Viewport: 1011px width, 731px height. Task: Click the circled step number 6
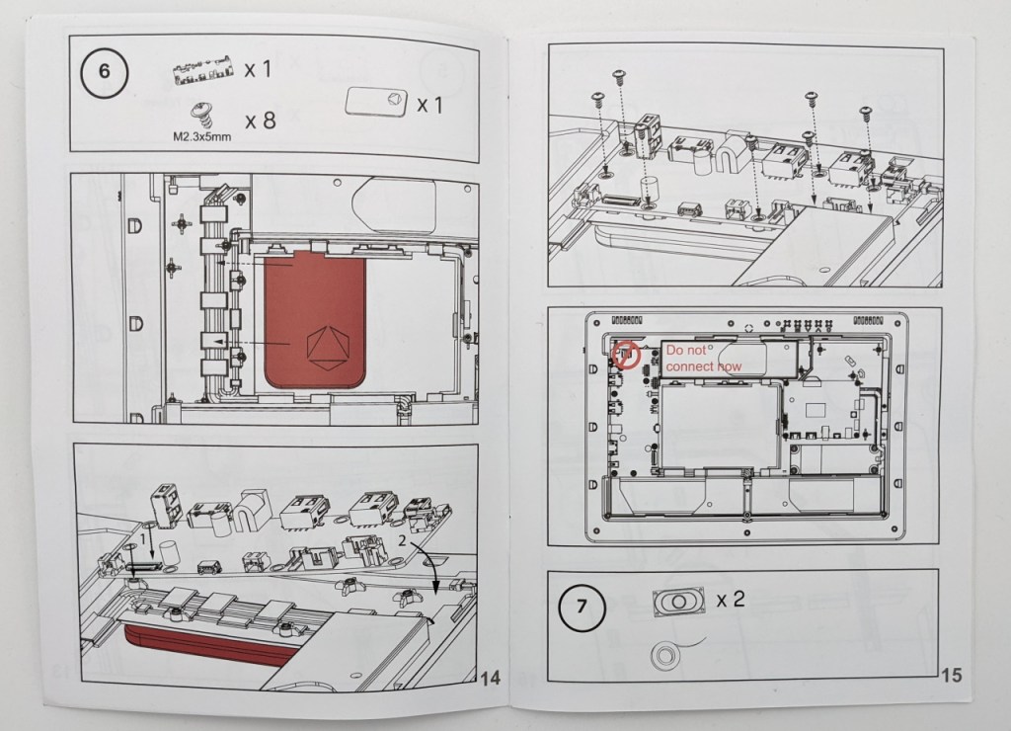tap(104, 71)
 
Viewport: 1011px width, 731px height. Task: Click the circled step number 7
tap(583, 608)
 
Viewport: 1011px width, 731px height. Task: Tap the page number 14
tap(491, 678)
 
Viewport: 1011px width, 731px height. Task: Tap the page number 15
tap(952, 675)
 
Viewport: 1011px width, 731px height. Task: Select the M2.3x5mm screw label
tap(201, 136)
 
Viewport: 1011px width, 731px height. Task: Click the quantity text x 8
tap(260, 120)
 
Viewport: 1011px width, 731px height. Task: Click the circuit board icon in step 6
tap(203, 71)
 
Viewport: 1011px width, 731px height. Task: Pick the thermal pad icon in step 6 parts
tap(376, 102)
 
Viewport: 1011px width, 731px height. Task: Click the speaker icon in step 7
tap(678, 602)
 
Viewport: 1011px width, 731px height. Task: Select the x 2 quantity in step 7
tap(731, 600)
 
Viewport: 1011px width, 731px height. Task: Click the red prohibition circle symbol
tap(626, 355)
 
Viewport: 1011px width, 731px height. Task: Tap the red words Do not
tap(686, 351)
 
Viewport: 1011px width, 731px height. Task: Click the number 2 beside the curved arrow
tap(402, 540)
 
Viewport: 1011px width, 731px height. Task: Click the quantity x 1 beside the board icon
tap(258, 69)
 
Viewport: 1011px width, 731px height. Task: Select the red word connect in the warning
tap(688, 366)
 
